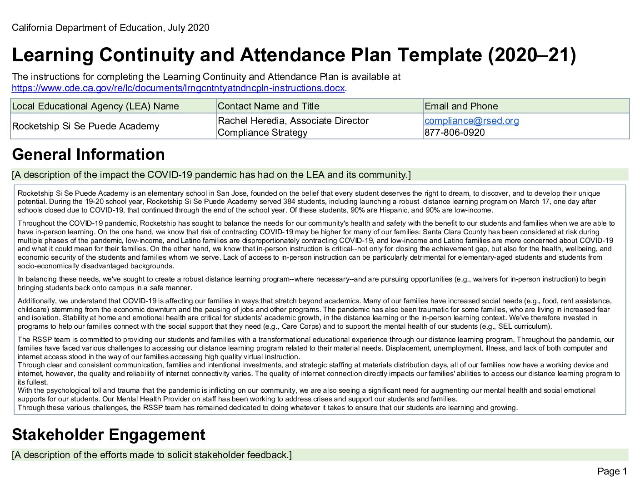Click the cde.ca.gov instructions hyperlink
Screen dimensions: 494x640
point(178,89)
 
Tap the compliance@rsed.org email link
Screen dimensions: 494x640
point(471,121)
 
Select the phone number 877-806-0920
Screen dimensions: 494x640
point(455,133)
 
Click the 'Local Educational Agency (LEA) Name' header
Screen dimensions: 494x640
point(95,106)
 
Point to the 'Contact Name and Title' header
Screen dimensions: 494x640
point(268,106)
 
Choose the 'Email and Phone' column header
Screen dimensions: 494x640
point(461,106)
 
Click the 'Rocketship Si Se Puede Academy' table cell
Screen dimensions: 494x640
point(85,126)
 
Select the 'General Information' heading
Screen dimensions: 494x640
point(88,155)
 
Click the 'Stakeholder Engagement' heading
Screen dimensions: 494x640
point(108,435)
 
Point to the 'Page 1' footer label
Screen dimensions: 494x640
point(612,471)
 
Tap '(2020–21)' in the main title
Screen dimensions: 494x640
point(532,55)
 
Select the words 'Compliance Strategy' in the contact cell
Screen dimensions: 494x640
point(262,133)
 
